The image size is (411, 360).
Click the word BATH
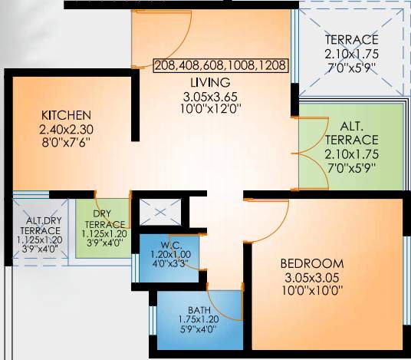(x=199, y=310)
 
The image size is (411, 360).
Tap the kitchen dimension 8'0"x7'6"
(x=67, y=142)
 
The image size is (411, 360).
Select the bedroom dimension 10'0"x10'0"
(x=311, y=289)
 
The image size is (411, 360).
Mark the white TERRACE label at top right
(x=351, y=40)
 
